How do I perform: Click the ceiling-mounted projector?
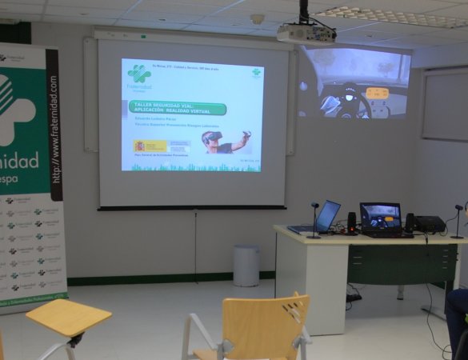coord(306,34)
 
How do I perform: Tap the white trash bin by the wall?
coord(246,265)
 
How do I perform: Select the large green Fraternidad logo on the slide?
coord(139,74)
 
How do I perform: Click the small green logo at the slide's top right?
coord(256,72)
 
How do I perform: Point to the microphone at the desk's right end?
coord(458,221)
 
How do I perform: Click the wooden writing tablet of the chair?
coord(68,317)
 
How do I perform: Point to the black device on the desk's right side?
coord(430,224)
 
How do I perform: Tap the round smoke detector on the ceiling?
coord(257,18)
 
